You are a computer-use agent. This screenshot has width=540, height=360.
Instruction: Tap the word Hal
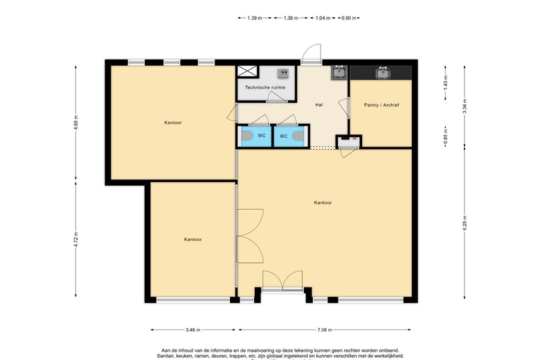319,105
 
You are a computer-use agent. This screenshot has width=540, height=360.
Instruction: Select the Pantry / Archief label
381,105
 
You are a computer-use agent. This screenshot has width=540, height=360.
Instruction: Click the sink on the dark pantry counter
382,73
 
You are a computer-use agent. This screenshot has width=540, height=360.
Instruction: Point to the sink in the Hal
339,72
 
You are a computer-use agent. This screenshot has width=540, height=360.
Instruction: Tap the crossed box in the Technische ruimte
246,73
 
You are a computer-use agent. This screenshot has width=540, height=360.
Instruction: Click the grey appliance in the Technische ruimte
283,72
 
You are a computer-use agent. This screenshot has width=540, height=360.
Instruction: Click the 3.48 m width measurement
195,330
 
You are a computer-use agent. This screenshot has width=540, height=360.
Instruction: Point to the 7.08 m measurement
325,330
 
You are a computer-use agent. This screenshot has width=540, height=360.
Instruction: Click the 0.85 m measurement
445,134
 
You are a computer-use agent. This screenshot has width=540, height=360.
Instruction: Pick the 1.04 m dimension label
322,18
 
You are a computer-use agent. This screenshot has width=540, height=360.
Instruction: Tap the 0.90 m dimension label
349,18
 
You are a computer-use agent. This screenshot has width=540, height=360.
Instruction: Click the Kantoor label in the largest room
323,203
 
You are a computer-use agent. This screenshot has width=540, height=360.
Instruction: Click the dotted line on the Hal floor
323,147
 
